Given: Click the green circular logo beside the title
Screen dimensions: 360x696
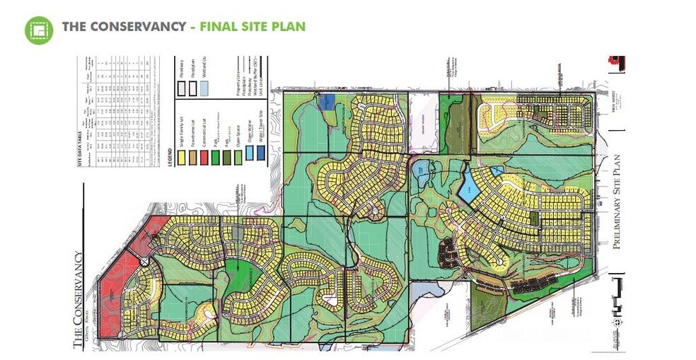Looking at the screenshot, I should [39, 29].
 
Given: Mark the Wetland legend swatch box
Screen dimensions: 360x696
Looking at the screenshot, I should [204, 88].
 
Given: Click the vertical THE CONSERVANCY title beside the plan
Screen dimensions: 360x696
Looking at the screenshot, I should [79, 298].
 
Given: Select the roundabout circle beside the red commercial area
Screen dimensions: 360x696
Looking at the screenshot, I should [144, 262].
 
